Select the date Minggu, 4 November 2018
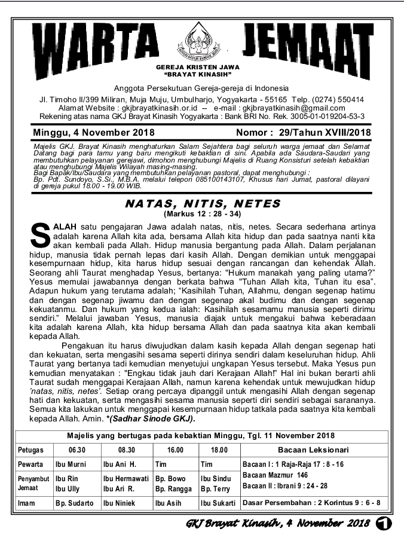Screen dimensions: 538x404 coord(85,132)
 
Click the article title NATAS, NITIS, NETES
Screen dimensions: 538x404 coord(202,203)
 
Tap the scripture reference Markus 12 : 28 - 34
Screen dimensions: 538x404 coord(202,213)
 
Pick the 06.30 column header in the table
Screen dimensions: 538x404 coord(76,450)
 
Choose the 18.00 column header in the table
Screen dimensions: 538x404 coord(219,450)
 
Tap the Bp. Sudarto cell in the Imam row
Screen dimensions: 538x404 coord(75,503)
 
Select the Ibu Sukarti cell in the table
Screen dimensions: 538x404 coord(218,503)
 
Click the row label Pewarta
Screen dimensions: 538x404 coord(30,464)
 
